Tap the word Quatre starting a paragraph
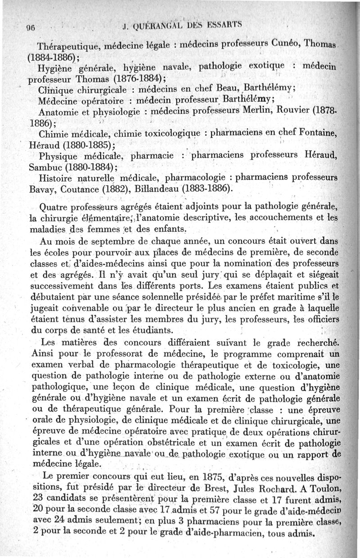56,208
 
